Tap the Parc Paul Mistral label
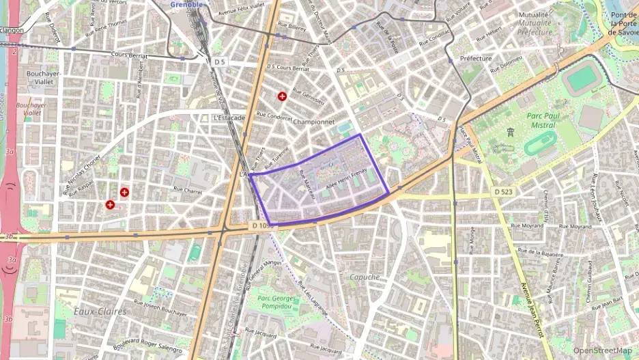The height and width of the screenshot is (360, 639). (543, 120)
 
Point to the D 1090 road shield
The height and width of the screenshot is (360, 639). (262, 225)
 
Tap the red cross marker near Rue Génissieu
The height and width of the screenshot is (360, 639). (282, 96)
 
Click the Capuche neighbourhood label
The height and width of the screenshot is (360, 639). (364, 277)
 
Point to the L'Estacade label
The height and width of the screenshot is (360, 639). (229, 117)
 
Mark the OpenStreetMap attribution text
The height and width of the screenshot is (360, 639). (602, 350)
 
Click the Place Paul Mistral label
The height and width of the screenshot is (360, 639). (470, 143)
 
